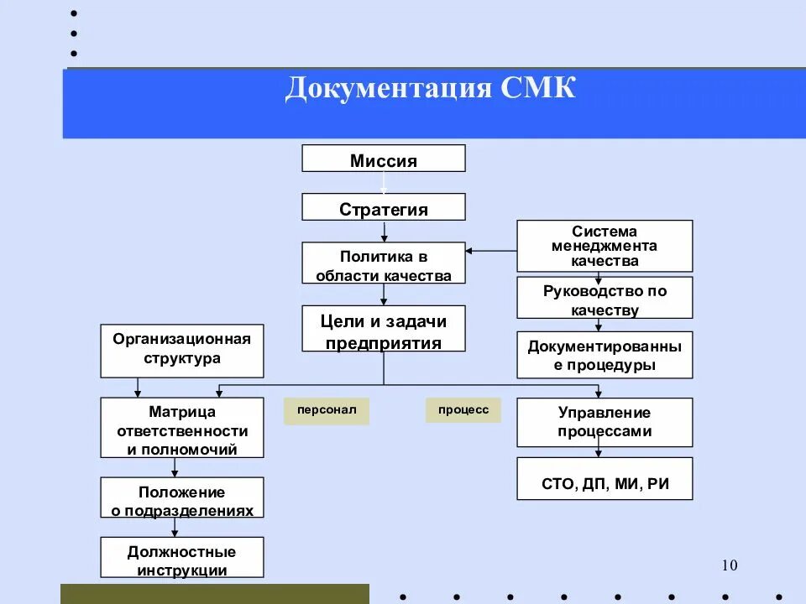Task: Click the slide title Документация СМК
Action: pyautogui.click(x=430, y=88)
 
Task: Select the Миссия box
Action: pyautogui.click(x=384, y=159)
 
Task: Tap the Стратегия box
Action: pyautogui.click(x=384, y=207)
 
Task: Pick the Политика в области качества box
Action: pyautogui.click(x=384, y=263)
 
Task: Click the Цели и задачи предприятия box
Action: pyautogui.click(x=384, y=330)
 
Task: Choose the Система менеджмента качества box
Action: pyautogui.click(x=604, y=246)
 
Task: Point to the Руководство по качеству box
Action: pyautogui.click(x=604, y=299)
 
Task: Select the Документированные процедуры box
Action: pyautogui.click(x=604, y=355)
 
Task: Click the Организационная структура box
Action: pyautogui.click(x=182, y=351)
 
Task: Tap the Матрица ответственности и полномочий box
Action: pyautogui.click(x=182, y=428)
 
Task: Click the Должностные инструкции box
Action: pyautogui.click(x=182, y=558)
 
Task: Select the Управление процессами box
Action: pyautogui.click(x=604, y=423)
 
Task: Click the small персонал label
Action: pyautogui.click(x=327, y=411)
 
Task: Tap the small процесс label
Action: pyautogui.click(x=463, y=410)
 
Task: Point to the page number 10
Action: pyautogui.click(x=729, y=565)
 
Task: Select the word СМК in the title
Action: pyautogui.click(x=539, y=88)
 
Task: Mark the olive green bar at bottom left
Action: pyautogui.click(x=214, y=594)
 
